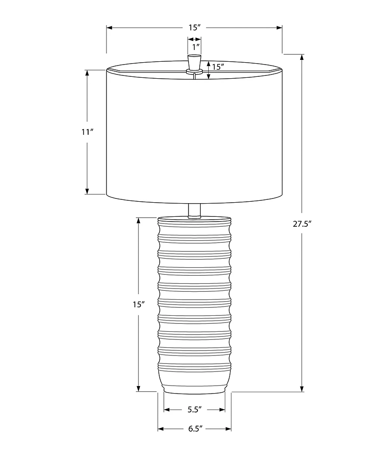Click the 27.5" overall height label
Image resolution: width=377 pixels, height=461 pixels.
(302, 224)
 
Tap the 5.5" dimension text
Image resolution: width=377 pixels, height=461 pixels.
(194, 410)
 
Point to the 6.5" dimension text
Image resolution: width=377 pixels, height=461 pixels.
(195, 428)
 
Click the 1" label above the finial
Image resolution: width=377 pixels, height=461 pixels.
(195, 47)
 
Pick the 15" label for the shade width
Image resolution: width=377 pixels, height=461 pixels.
(195, 28)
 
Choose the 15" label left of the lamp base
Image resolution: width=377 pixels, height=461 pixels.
(138, 305)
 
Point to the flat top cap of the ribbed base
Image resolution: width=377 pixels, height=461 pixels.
(194, 219)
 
